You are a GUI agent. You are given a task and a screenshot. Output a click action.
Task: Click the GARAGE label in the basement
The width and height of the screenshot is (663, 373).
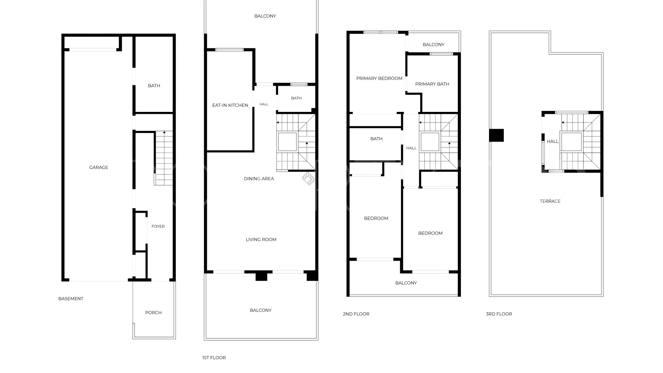[x=99, y=168]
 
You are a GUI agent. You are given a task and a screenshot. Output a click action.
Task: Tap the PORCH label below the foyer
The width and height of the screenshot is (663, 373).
[x=153, y=313]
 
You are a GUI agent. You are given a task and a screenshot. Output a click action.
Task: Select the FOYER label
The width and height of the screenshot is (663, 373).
[x=158, y=226]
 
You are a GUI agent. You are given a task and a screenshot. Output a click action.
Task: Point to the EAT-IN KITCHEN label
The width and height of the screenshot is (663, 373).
[x=230, y=105]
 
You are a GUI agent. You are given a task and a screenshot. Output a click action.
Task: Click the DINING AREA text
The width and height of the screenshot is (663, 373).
[x=259, y=179]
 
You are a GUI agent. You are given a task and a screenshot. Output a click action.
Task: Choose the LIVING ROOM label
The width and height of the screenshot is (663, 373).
[x=261, y=239]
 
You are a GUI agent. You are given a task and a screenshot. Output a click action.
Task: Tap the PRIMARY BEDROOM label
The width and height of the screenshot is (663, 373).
[x=379, y=78]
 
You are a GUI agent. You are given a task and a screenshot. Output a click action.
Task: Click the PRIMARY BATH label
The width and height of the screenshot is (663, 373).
[x=432, y=84]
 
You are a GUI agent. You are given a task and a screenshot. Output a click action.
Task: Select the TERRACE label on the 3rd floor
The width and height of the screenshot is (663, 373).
[x=550, y=201]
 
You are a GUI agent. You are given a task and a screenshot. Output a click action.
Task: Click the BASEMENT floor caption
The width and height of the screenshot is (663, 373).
[x=71, y=299]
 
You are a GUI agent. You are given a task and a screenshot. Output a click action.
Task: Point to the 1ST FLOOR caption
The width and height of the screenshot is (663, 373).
[x=214, y=358]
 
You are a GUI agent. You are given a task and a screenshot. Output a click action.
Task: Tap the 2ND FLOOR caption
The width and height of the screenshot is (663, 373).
[x=356, y=314]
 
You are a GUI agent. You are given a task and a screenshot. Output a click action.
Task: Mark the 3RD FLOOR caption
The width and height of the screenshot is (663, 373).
[x=499, y=314]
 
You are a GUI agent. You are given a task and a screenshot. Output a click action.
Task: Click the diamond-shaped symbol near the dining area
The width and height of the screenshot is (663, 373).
[x=308, y=179]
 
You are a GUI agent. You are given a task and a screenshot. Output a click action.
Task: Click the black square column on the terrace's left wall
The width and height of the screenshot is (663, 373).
[x=497, y=135]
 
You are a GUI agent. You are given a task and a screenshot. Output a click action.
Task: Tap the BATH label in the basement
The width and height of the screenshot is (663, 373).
[x=154, y=86]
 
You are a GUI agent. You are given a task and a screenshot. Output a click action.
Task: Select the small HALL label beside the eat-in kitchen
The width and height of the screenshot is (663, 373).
[x=264, y=104]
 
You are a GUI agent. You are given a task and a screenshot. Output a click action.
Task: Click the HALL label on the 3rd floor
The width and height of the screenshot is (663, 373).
[x=552, y=141]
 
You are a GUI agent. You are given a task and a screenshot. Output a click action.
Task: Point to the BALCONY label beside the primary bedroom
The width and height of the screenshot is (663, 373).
[x=433, y=45]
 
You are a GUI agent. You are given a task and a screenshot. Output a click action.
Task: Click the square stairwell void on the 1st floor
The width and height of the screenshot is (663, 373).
[x=287, y=142]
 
